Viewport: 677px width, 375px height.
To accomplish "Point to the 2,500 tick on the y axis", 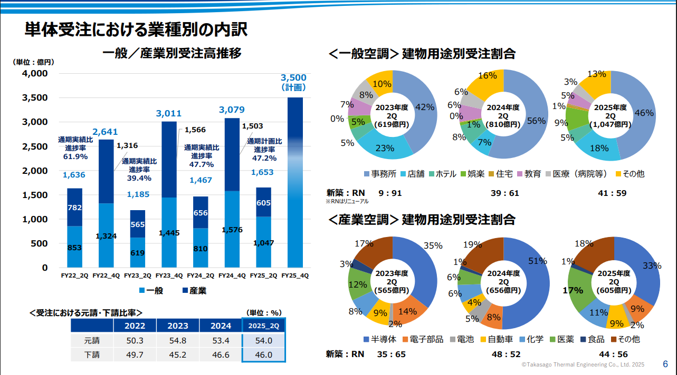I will pos(35,146).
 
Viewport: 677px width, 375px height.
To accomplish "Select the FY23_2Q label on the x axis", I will pos(137,275).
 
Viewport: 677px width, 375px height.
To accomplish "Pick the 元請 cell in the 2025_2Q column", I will pos(263,340).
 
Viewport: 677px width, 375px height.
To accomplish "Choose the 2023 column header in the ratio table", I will pos(177,326).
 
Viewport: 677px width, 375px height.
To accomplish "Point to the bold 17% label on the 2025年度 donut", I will pos(573,290).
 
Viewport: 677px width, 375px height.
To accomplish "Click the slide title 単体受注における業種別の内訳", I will pos(136,30).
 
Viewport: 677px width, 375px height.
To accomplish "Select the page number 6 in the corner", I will pos(665,364).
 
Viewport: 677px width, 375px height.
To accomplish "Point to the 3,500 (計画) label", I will pos(293,83).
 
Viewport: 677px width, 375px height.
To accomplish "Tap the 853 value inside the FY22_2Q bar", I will pos(74,248).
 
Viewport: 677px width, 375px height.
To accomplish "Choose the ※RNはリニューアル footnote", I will pos(347,201).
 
